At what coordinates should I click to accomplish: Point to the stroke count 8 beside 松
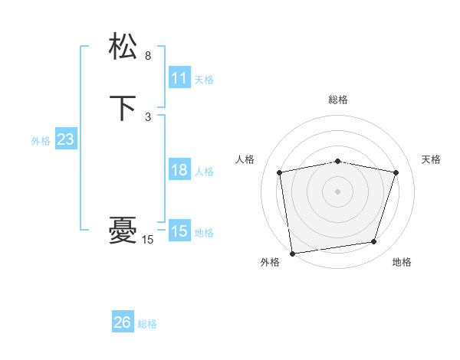pos(148,56)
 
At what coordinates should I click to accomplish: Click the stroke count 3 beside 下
pos(148,117)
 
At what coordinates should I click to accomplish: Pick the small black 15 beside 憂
pos(148,240)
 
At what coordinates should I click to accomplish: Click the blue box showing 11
pos(179,78)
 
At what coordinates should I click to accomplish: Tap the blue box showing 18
pos(179,170)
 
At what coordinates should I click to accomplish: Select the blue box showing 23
pos(65,140)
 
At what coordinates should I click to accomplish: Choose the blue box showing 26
pos(123,322)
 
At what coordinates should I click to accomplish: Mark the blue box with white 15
pos(179,231)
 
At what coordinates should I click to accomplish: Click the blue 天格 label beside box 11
pos(204,80)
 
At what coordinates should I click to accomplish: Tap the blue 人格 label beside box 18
pos(204,172)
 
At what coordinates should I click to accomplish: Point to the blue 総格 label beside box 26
pos(147,324)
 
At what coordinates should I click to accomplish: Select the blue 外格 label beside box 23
pos(41,141)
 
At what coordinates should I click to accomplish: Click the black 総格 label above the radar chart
pos(338,100)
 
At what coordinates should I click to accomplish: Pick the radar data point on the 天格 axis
pos(396,172)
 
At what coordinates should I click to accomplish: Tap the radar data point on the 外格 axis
pos(292,252)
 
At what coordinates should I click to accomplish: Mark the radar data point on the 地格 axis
pos(374,242)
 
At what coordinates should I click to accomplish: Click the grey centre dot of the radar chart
pos(338,191)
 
